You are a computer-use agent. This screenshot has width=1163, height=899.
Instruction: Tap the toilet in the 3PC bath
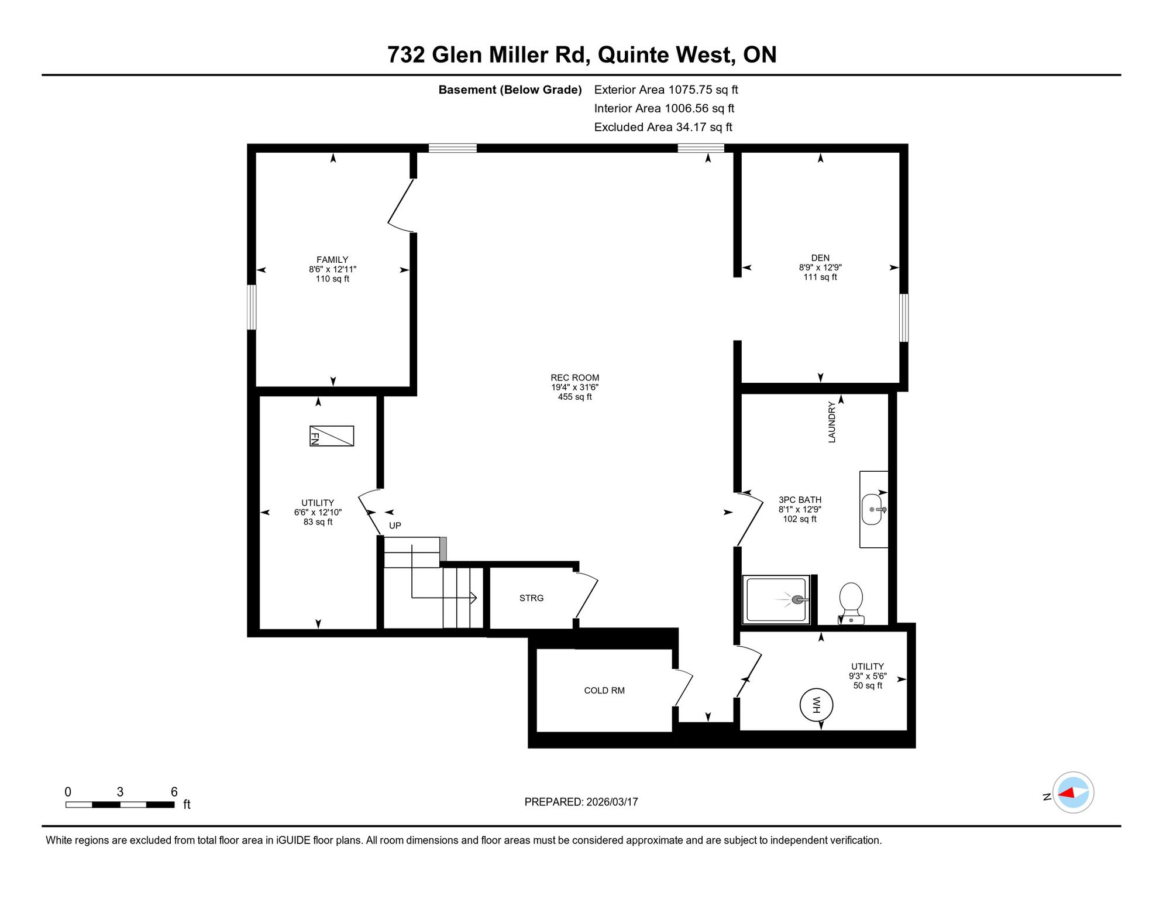(851, 603)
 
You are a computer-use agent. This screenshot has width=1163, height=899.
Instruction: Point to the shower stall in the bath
(776, 600)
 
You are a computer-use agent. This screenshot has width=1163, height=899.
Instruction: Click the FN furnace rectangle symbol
(332, 436)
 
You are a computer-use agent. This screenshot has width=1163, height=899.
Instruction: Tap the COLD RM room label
(604, 691)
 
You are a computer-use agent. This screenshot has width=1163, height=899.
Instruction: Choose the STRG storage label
(532, 598)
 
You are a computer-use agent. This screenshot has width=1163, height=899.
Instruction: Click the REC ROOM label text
(575, 378)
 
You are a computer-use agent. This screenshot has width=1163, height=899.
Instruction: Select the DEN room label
(820, 258)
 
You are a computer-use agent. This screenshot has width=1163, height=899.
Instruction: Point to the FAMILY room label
(332, 260)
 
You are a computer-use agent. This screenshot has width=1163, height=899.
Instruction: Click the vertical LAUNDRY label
(832, 422)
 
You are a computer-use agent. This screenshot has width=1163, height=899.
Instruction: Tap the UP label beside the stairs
(395, 526)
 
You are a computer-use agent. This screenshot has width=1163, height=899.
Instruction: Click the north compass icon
(1073, 792)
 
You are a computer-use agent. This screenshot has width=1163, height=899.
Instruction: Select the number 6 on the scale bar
(174, 792)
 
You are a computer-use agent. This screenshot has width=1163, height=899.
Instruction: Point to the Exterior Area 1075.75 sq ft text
(666, 90)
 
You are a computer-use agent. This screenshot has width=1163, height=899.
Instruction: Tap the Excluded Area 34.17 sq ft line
(663, 127)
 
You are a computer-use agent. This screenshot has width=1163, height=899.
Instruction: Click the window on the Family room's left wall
(252, 307)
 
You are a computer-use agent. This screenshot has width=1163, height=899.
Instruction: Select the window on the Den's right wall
(904, 318)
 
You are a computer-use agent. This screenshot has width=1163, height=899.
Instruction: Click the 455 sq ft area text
(575, 397)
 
